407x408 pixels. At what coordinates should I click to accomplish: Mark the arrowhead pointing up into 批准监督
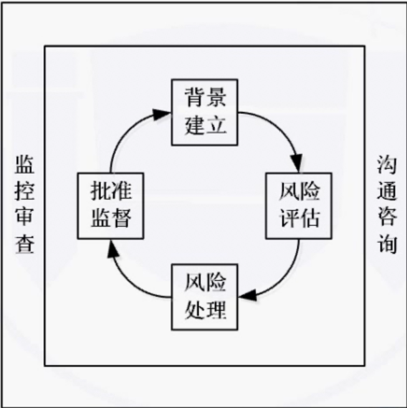coord(111,247)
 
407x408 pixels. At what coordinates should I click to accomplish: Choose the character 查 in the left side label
coord(25,244)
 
